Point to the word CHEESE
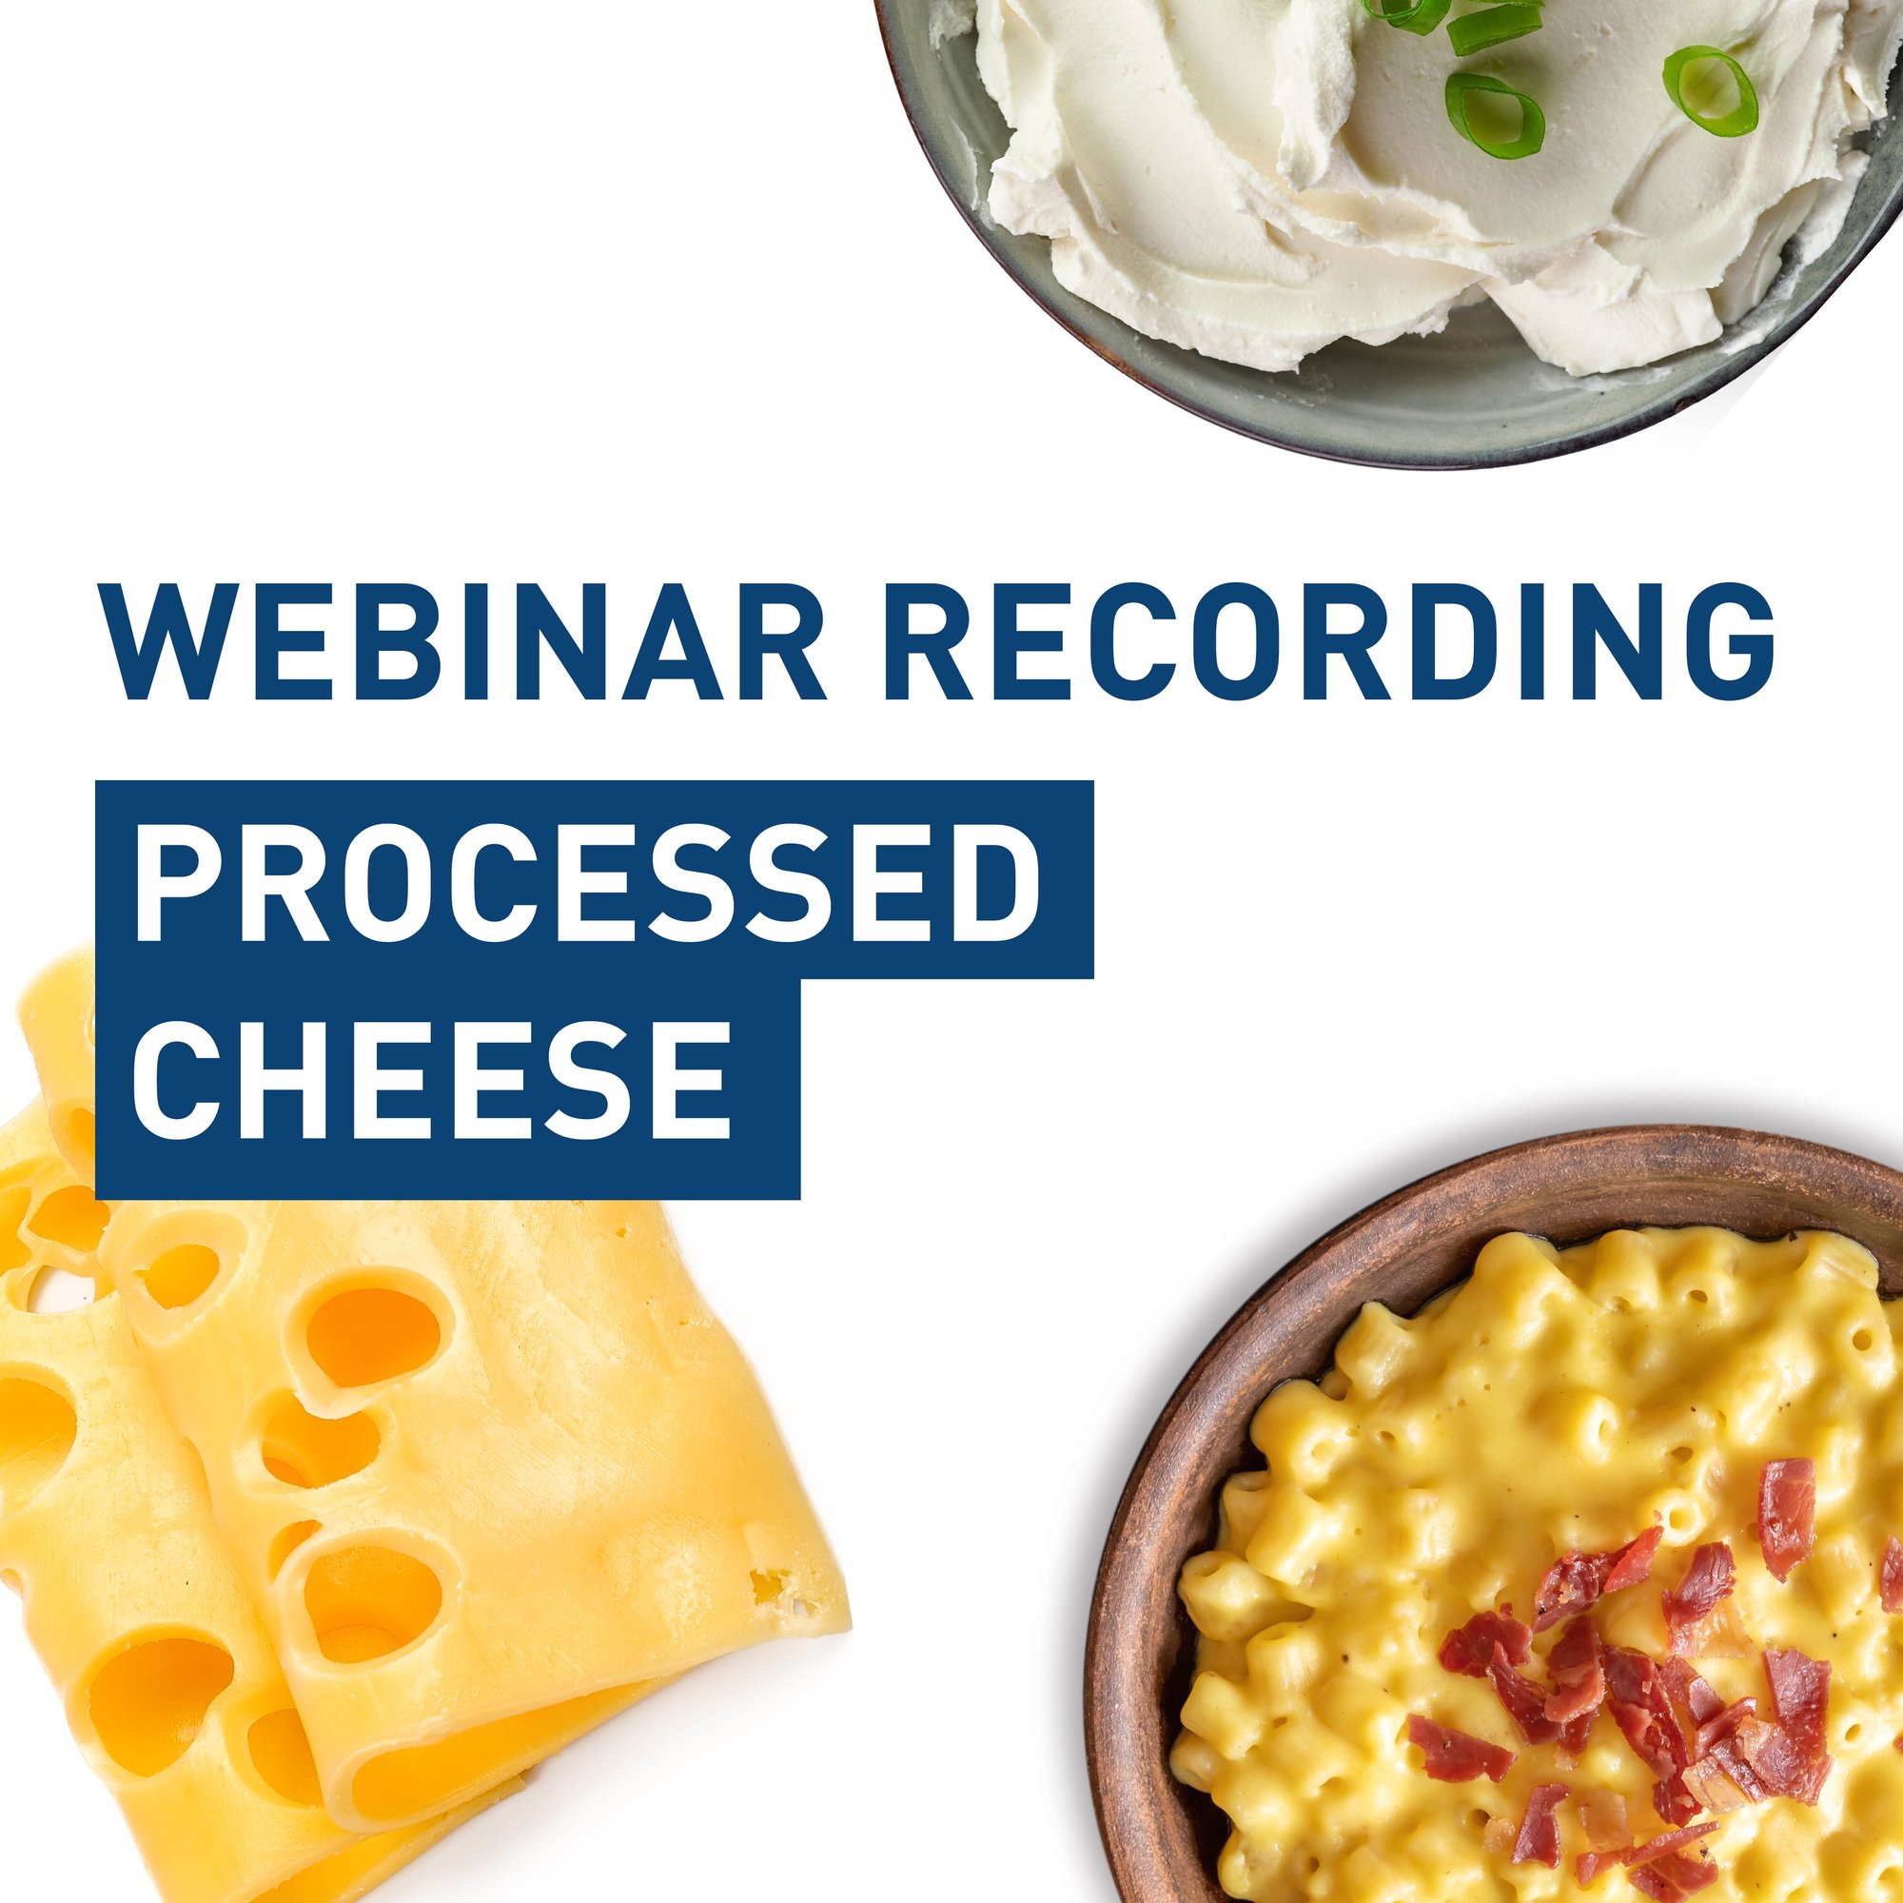tap(432, 1078)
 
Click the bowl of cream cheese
tap(1390, 226)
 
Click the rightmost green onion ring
tap(1710, 90)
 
